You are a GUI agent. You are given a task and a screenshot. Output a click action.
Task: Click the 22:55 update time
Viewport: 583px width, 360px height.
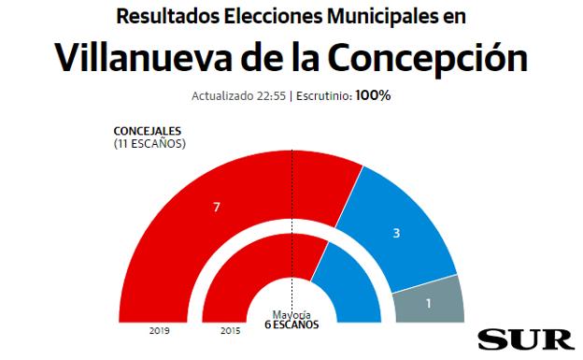click(x=269, y=96)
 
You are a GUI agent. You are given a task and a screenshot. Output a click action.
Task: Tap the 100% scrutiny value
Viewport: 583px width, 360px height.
click(x=373, y=96)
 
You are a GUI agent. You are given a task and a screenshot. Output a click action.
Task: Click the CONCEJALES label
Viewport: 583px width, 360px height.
click(x=147, y=130)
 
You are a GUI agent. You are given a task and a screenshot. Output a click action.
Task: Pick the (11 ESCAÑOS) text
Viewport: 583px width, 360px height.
click(x=149, y=143)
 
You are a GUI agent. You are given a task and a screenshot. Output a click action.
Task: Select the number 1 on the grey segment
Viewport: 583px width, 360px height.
click(x=428, y=302)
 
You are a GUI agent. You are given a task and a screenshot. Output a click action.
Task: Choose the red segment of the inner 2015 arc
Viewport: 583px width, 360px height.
click(x=243, y=281)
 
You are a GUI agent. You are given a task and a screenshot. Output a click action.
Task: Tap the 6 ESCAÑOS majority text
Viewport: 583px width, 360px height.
click(x=291, y=325)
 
